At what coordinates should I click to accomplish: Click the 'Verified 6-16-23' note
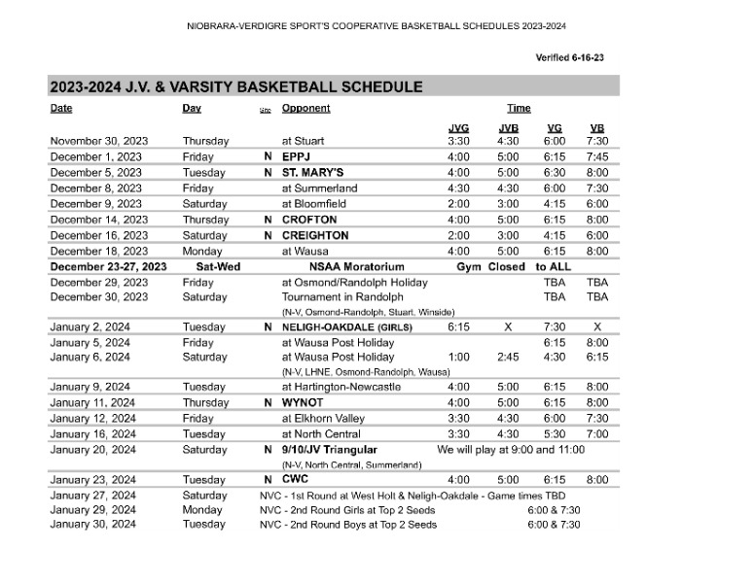click(569, 57)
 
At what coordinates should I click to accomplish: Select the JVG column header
click(458, 128)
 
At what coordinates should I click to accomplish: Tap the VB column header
click(596, 128)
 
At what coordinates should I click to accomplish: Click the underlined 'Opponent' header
click(306, 109)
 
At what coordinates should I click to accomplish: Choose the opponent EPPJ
click(298, 156)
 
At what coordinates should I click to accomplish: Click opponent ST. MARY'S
click(312, 172)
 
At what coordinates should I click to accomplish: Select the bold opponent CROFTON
click(309, 220)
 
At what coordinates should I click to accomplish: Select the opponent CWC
click(296, 480)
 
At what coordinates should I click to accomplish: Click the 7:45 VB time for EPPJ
click(596, 156)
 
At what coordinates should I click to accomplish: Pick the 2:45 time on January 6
click(508, 357)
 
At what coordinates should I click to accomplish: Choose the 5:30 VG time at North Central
click(554, 433)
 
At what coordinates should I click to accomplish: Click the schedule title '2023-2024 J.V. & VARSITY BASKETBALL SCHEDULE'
click(236, 86)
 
